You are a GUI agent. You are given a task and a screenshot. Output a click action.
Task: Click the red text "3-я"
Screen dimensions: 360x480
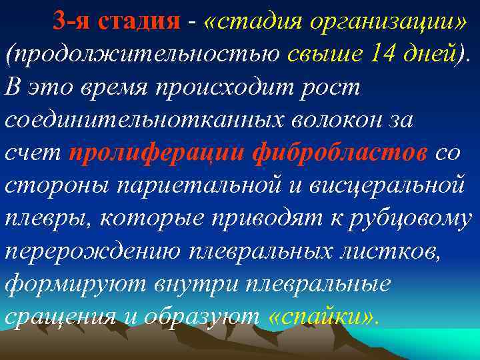72,22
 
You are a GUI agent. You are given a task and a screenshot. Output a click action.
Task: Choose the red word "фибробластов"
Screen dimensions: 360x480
340,153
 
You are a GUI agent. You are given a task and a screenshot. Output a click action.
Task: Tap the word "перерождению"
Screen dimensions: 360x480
93,251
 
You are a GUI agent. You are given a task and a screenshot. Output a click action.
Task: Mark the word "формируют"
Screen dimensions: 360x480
77,284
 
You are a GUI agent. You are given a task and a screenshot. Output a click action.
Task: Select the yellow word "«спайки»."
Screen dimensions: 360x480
324,317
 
